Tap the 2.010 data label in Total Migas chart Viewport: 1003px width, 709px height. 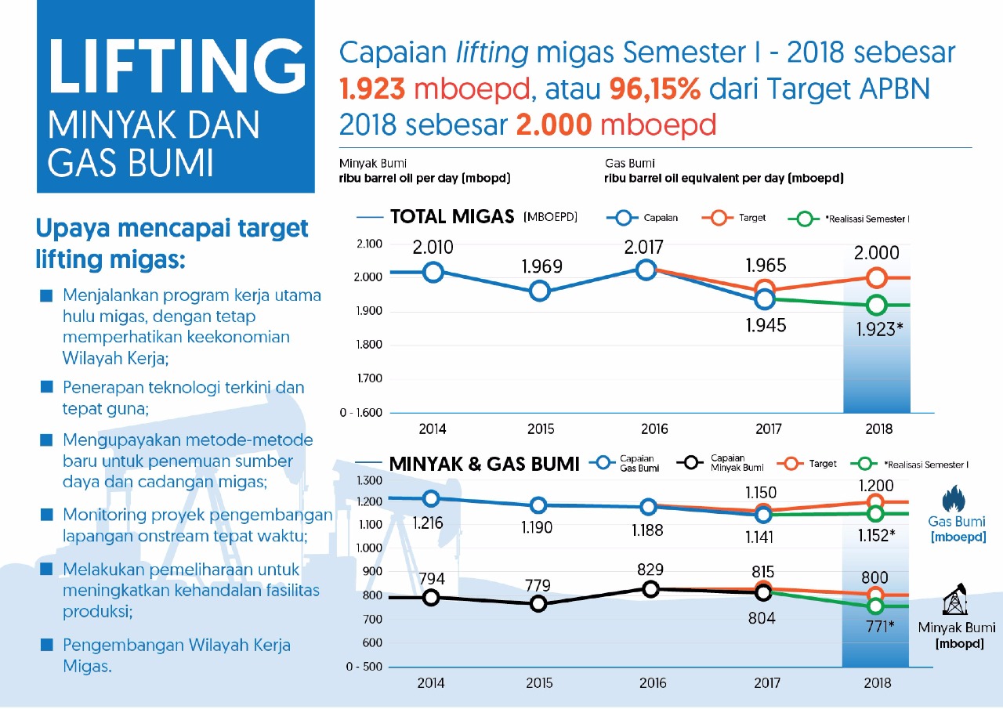tap(433, 248)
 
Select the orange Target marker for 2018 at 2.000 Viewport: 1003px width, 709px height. tap(877, 277)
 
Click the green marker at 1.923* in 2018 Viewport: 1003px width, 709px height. tap(877, 306)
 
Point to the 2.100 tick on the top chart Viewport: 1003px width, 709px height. tap(368, 244)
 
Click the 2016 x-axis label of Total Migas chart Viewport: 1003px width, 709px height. tap(654, 429)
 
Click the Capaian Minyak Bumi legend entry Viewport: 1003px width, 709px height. tap(717, 462)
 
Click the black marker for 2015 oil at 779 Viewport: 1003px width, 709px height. tap(538, 603)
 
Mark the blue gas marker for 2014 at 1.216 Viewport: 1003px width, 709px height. tap(431, 498)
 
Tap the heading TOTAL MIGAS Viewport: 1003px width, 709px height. tap(452, 217)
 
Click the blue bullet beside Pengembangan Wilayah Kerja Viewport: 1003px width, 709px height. tap(47, 645)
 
